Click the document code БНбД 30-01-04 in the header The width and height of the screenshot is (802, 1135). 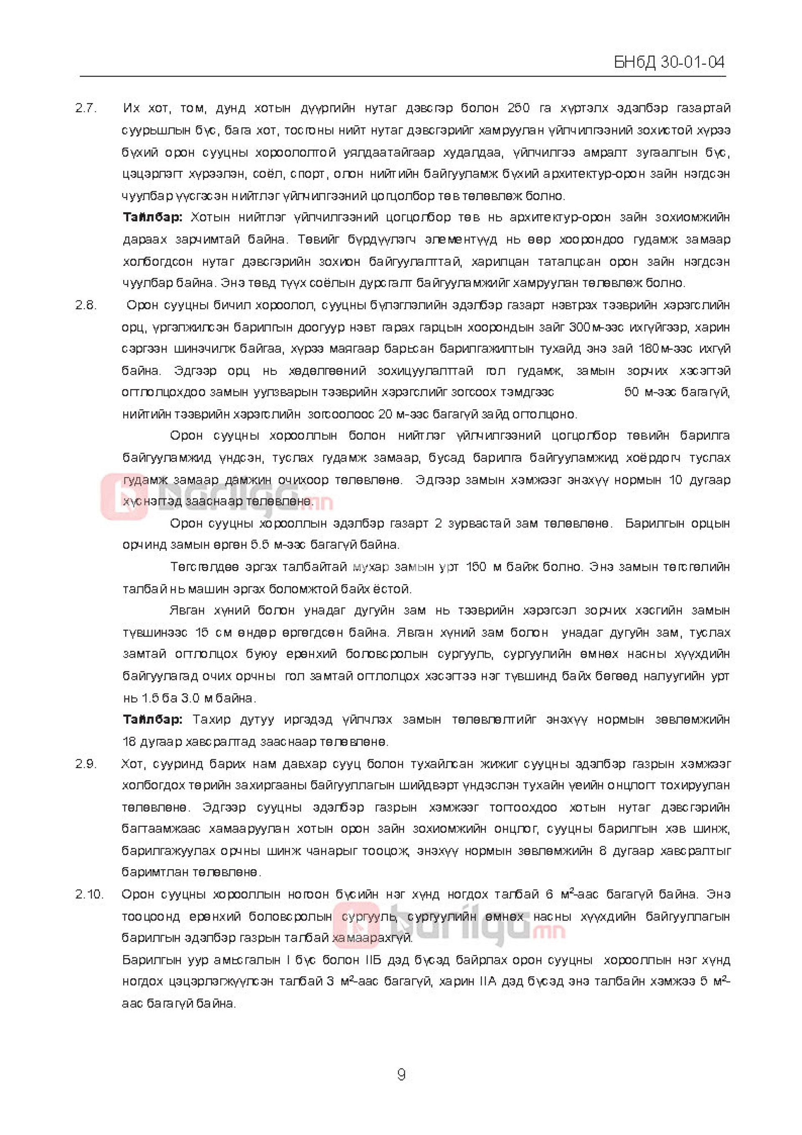pos(669,63)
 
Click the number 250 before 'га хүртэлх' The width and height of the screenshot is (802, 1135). pos(519,108)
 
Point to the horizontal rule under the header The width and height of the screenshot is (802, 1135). pos(403,76)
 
